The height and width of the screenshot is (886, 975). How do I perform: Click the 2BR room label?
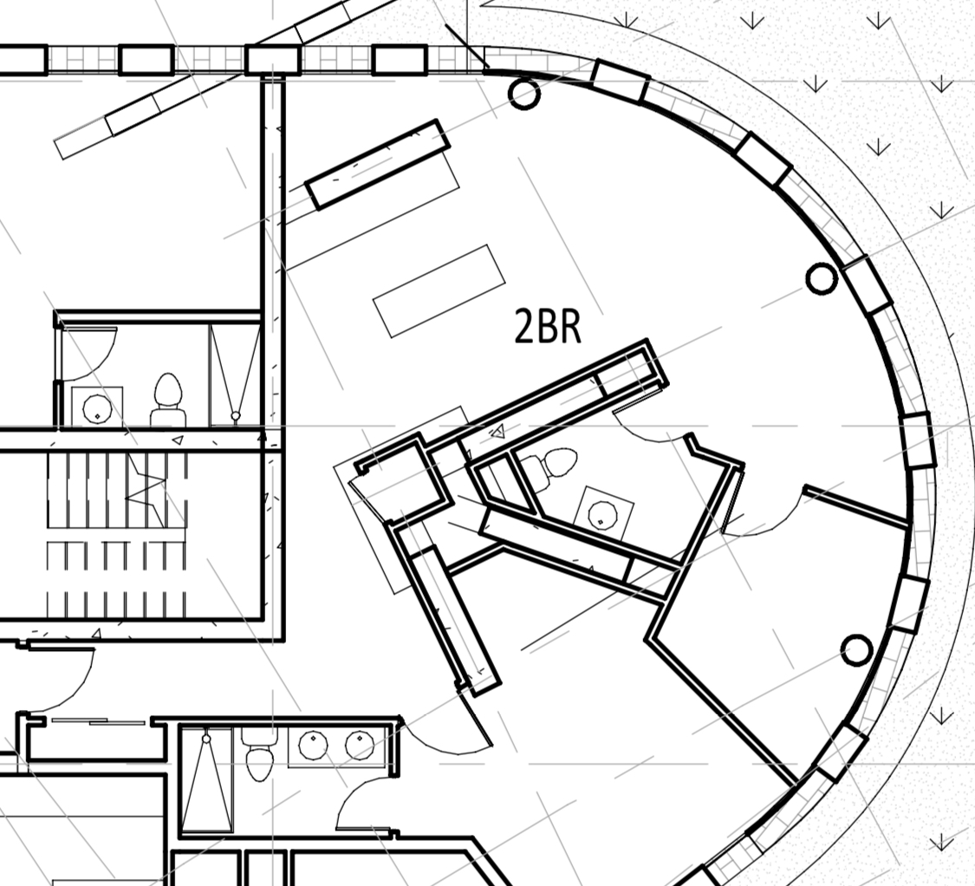(547, 327)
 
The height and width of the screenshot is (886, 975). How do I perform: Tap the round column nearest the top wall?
(523, 94)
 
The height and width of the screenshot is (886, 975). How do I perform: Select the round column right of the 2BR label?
(822, 278)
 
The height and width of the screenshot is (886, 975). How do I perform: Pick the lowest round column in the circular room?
(856, 650)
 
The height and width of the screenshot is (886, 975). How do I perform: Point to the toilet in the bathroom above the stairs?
(168, 400)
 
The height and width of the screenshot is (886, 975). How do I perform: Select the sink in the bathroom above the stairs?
(97, 407)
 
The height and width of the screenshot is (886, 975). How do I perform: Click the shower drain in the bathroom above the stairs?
(235, 415)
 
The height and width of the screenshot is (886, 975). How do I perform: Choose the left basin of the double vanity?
(313, 746)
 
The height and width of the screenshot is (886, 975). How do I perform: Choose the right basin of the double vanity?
(359, 746)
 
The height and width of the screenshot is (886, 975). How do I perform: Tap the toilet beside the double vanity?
(259, 755)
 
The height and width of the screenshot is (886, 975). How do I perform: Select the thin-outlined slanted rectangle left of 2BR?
(439, 291)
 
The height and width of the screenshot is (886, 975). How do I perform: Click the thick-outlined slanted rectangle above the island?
(378, 164)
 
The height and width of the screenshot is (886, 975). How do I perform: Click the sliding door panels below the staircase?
(98, 721)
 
